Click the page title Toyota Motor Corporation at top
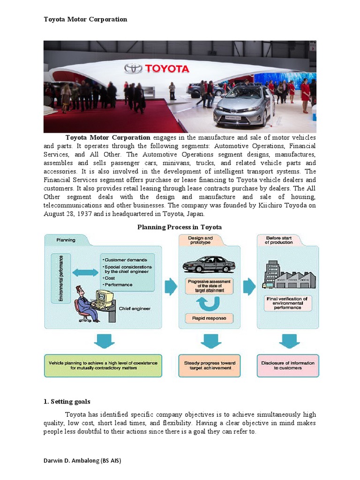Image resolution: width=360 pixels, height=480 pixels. point(85,19)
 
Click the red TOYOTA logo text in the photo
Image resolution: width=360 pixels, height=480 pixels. point(166,69)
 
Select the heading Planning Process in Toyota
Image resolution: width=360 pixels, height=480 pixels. point(180,227)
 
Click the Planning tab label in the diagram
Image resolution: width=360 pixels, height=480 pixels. point(66,240)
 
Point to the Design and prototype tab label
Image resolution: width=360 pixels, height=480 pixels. point(200,240)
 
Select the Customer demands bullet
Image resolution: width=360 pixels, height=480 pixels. point(125,260)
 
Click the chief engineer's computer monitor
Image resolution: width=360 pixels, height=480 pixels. point(104,297)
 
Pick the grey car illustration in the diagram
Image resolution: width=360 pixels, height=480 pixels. point(209,264)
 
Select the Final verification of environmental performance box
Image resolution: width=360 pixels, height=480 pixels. point(287,303)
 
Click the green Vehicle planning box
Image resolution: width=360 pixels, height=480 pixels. point(103,366)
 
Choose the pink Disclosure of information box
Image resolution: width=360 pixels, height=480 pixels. point(288,366)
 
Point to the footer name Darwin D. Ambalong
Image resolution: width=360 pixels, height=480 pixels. point(82,461)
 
